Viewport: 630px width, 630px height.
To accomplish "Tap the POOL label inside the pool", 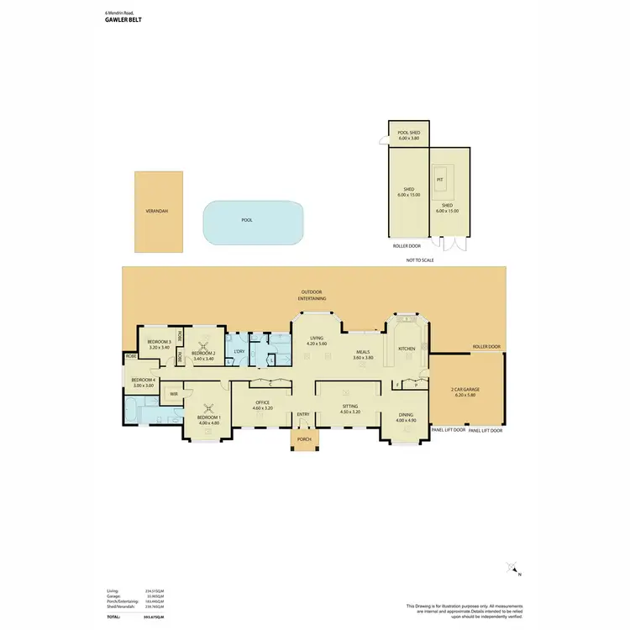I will click(247, 220).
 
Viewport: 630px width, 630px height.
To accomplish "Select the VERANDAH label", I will click(157, 211).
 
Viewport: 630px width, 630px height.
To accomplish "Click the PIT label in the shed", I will click(439, 179).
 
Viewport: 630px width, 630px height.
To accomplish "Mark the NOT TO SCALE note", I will click(420, 260).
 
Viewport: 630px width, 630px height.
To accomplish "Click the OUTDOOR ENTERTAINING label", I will click(312, 295).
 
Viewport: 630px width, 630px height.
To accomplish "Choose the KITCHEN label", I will click(407, 348).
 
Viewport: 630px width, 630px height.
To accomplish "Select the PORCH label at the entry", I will click(303, 439).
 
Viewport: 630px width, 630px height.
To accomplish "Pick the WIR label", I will click(174, 393).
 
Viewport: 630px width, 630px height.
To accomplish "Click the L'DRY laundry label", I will click(239, 351).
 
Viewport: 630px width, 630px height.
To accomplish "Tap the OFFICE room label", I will click(263, 403).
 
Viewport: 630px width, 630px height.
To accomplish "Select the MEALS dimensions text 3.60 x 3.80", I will click(363, 359).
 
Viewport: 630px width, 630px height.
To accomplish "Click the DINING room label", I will click(405, 414).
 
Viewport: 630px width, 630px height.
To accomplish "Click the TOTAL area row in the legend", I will click(134, 617).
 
